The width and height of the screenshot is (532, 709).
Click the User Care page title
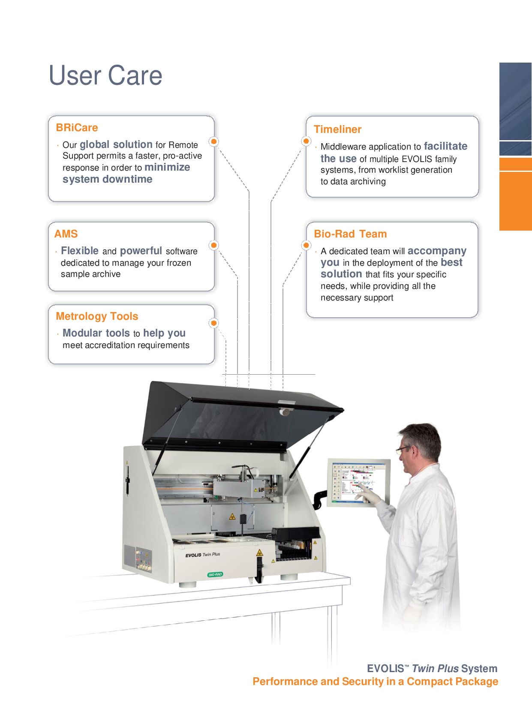click(x=105, y=75)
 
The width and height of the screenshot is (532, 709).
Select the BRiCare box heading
click(x=77, y=128)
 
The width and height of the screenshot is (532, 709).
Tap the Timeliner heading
click(x=337, y=129)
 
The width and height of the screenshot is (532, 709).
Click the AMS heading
click(x=66, y=234)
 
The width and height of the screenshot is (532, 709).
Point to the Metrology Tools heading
click(x=97, y=316)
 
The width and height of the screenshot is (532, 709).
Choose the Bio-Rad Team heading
click(x=350, y=234)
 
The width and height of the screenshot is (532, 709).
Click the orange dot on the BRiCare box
click(x=213, y=141)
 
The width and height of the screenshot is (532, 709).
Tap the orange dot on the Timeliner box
click(x=306, y=141)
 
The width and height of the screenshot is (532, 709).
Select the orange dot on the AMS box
click(x=213, y=245)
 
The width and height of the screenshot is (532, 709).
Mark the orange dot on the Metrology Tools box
click(x=213, y=323)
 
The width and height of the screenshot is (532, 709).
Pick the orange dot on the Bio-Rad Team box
click(x=306, y=245)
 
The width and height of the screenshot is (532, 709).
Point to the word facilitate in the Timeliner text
click(x=445, y=146)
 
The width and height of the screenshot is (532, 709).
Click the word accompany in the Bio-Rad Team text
click(x=437, y=251)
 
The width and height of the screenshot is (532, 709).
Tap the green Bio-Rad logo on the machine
click(x=215, y=574)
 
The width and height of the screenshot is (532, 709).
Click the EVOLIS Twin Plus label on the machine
click(x=202, y=555)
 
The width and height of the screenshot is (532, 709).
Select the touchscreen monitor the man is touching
click(x=359, y=483)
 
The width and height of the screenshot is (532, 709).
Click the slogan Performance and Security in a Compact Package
click(x=376, y=681)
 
